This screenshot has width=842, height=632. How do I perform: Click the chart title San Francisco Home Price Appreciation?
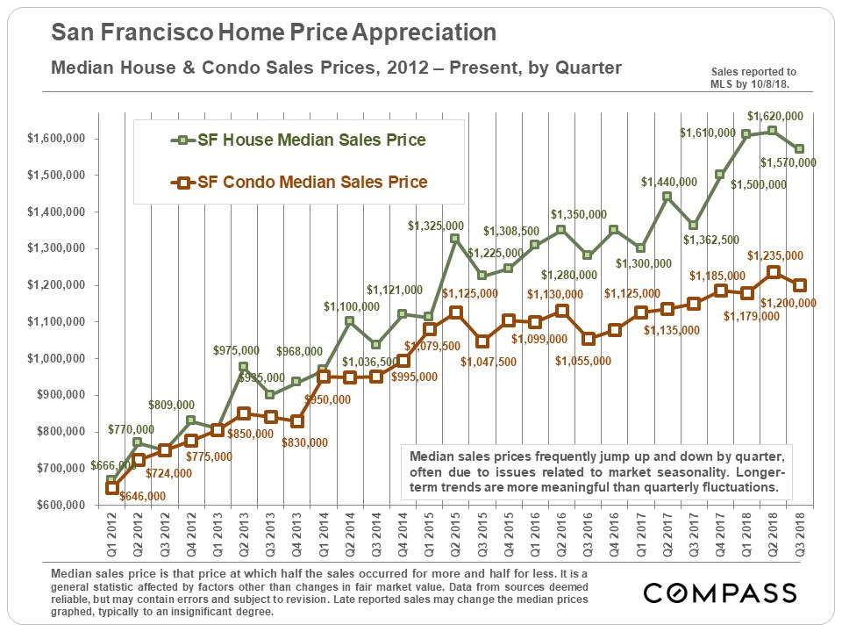pyautogui.click(x=274, y=33)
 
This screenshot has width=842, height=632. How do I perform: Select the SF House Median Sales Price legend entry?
pyautogui.click(x=298, y=140)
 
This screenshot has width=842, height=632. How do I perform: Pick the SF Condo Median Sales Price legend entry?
pyautogui.click(x=298, y=183)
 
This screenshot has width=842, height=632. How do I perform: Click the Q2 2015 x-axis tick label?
pyautogui.click(x=454, y=537)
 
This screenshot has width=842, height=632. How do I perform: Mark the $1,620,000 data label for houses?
pyautogui.click(x=774, y=115)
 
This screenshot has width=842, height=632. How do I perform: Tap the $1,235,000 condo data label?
pyautogui.click(x=774, y=255)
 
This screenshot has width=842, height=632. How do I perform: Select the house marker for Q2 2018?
pyautogui.click(x=772, y=131)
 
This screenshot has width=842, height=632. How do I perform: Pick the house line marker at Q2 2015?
pyautogui.click(x=454, y=238)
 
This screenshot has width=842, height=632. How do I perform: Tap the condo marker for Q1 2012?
pyautogui.click(x=111, y=488)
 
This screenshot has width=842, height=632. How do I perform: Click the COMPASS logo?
pyautogui.click(x=720, y=593)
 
